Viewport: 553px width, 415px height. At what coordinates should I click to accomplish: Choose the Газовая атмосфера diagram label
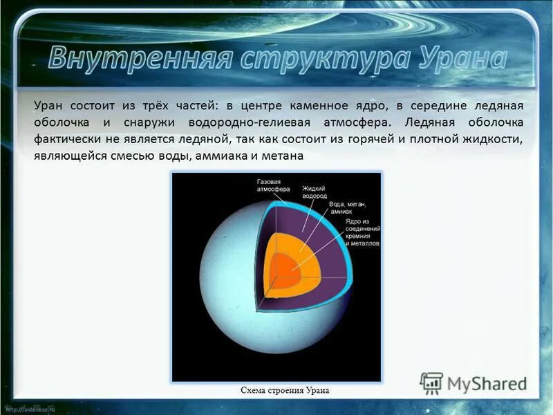click(x=273, y=184)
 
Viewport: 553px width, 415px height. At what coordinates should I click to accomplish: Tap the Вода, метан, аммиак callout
click(x=348, y=208)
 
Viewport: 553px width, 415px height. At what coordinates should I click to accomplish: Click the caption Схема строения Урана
click(x=285, y=391)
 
